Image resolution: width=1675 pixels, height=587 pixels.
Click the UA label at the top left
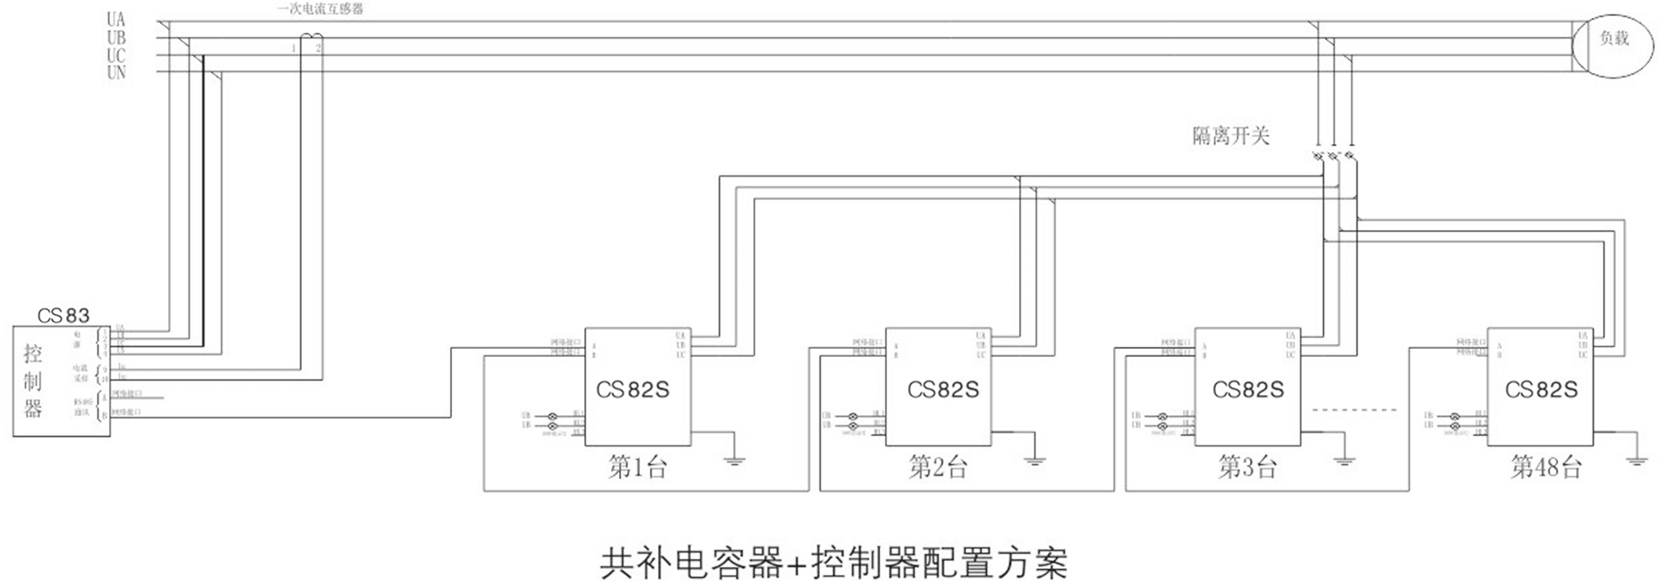pyautogui.click(x=116, y=20)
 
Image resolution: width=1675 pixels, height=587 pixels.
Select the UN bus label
pyautogui.click(x=116, y=73)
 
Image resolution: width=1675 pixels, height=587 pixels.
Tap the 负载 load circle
pyautogui.click(x=1613, y=38)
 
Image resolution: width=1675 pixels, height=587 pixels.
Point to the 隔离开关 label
pyautogui.click(x=1230, y=136)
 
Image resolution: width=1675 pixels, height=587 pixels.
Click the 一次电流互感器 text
pyautogui.click(x=320, y=9)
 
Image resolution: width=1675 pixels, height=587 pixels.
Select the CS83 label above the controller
pyautogui.click(x=64, y=316)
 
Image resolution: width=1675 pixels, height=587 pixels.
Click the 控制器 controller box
pyautogui.click(x=61, y=381)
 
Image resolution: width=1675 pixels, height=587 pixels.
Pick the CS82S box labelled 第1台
pyautogui.click(x=637, y=387)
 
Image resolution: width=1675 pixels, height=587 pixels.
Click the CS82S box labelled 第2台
pyautogui.click(x=939, y=387)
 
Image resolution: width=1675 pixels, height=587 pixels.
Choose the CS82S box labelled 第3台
pyautogui.click(x=1247, y=387)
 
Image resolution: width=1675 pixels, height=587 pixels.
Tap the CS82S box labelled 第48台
pyautogui.click(x=1540, y=387)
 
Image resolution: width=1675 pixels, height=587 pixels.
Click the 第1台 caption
pyautogui.click(x=637, y=467)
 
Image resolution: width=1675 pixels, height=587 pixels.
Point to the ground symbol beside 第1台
pyautogui.click(x=734, y=460)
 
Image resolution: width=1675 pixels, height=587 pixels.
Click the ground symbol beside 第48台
pyautogui.click(x=1637, y=460)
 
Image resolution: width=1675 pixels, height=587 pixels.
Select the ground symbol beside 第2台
pyautogui.click(x=1035, y=460)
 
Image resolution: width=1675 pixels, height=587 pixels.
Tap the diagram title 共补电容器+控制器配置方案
pyautogui.click(x=834, y=563)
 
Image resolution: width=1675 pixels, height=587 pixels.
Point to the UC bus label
pyautogui.click(x=116, y=55)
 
